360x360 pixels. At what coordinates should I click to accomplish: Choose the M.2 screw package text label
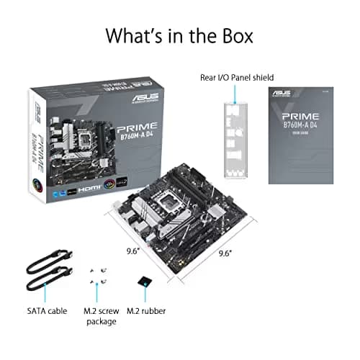point(99,315)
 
